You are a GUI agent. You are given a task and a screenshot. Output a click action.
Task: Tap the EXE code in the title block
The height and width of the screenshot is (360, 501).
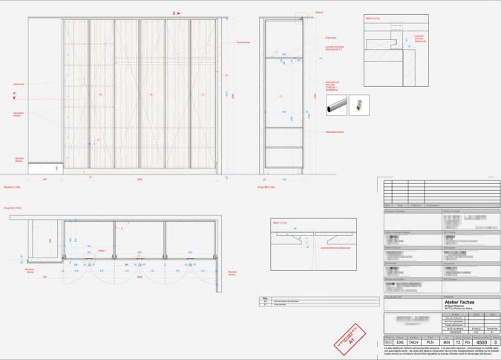(399, 342)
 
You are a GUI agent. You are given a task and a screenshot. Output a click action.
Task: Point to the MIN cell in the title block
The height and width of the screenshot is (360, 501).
(446, 342)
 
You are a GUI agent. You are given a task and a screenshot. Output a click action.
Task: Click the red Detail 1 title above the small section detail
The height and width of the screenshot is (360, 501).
(278, 222)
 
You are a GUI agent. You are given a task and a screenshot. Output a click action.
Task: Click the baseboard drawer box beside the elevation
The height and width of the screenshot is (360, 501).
(45, 168)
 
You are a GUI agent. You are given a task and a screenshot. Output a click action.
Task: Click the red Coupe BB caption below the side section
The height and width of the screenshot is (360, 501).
(266, 187)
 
